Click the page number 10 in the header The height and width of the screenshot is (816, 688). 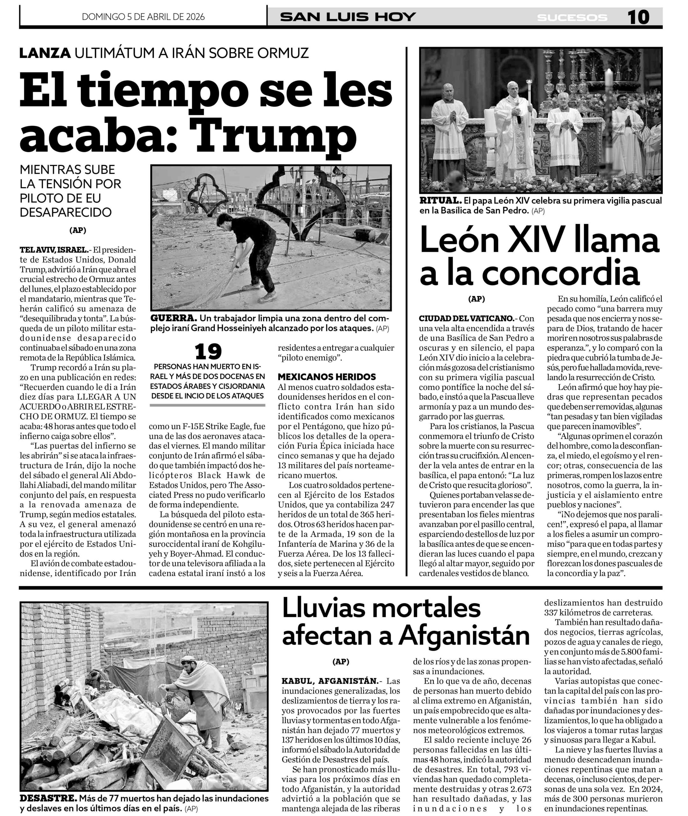click(x=638, y=17)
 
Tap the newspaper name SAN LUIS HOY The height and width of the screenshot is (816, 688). click(x=348, y=17)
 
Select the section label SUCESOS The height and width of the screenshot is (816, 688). click(x=572, y=18)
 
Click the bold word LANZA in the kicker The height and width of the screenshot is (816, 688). click(x=45, y=53)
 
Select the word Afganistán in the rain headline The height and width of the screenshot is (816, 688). click(x=464, y=637)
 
